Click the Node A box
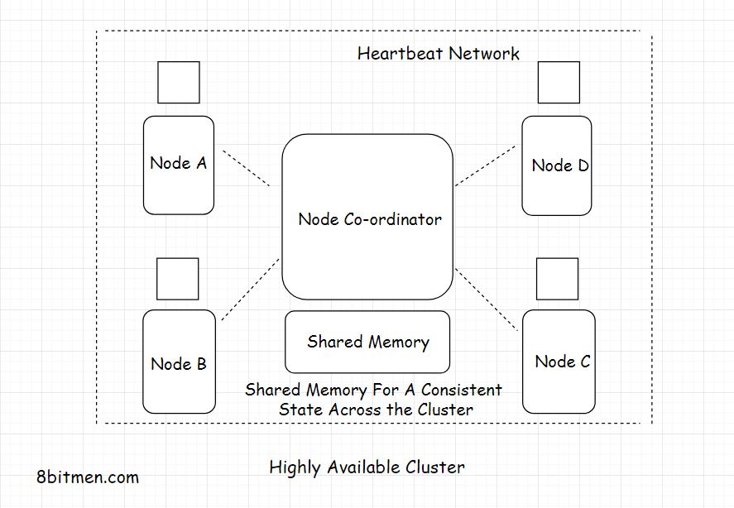(178, 165)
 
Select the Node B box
(179, 362)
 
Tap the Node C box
(559, 362)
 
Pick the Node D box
(557, 165)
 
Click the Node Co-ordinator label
(370, 219)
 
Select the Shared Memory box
(367, 342)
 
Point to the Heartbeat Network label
(439, 54)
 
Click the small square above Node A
(179, 82)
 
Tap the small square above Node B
(178, 279)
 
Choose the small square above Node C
(557, 279)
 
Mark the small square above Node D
(559, 82)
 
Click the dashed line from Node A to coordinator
(247, 168)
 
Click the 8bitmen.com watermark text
(88, 477)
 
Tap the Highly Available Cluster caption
(367, 467)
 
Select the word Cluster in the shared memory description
(444, 410)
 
